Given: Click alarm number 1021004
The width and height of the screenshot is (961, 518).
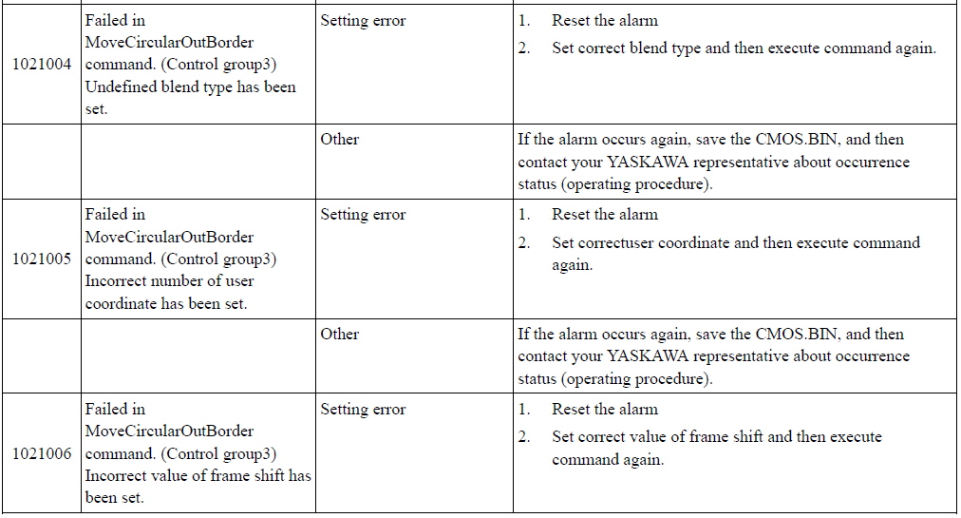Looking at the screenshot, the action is pos(42,65).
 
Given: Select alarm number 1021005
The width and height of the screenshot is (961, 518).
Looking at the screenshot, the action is pos(42,259).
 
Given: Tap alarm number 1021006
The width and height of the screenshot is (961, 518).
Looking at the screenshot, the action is pos(42,453).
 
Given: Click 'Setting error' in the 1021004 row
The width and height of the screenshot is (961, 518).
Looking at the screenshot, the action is pos(363,21).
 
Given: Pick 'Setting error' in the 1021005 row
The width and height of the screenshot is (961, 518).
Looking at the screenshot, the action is pos(363,215).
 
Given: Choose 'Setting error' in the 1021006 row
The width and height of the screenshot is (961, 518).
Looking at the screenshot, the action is pos(363,410).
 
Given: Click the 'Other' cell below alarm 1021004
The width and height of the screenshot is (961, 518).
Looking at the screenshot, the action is pos(340,140).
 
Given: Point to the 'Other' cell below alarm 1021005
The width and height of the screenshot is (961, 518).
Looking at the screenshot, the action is pos(340,334).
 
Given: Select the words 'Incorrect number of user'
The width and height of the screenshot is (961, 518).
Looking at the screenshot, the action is pos(169,281).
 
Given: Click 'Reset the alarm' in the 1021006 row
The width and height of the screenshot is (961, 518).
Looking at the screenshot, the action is pos(605,410).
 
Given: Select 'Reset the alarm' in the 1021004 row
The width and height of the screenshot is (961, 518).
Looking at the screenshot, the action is pos(605,21).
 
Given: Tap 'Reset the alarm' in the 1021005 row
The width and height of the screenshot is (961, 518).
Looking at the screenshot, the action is pos(605,215).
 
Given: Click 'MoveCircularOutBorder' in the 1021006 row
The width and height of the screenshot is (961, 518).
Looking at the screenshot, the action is pos(169,432).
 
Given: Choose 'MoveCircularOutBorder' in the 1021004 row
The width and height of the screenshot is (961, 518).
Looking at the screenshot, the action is pos(169,43).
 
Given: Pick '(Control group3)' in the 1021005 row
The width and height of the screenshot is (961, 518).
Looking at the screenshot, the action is pos(218,259).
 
